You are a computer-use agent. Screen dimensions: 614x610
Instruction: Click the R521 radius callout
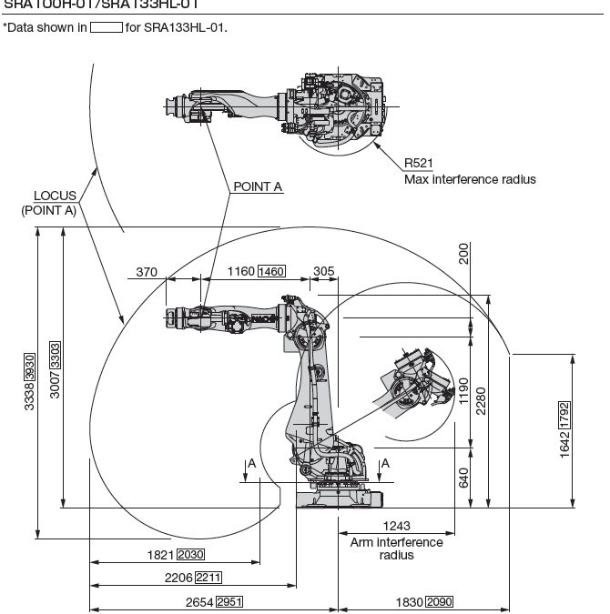(x=418, y=164)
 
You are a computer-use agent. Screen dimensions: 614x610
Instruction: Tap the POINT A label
(x=258, y=186)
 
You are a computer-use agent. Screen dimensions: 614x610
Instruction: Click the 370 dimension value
(x=147, y=271)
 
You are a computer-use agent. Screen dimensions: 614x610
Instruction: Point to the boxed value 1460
(x=271, y=271)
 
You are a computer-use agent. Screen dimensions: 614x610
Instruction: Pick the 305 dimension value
(x=323, y=271)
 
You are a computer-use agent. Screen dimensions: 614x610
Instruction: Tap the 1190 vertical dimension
(x=463, y=391)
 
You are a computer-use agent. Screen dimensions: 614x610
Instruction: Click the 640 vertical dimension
(x=463, y=477)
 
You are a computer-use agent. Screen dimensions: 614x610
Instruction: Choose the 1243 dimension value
(x=396, y=526)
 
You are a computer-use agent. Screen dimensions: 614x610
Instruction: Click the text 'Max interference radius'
(x=470, y=179)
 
